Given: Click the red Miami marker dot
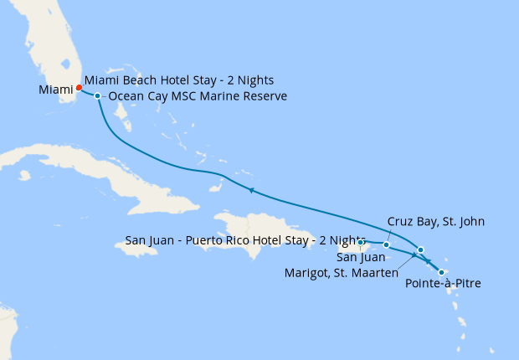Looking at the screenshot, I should (79, 87).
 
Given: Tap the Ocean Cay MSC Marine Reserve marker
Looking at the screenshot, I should (98, 96).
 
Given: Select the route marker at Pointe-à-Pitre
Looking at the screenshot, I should (441, 271).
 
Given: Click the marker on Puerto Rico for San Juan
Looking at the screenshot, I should (361, 243).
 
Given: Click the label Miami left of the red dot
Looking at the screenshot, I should (55, 89).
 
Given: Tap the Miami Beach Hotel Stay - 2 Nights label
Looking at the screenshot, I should (179, 80).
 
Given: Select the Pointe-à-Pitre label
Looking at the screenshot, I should (443, 285).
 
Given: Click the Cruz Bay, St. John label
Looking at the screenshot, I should (436, 221).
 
